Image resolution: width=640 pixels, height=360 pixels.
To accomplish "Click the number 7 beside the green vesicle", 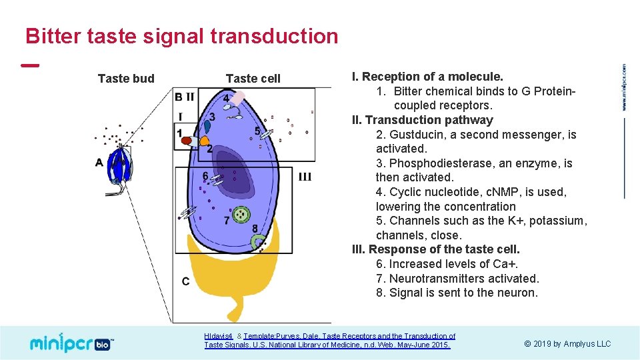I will (x=227, y=220).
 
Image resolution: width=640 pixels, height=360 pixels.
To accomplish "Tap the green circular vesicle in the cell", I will (x=241, y=215).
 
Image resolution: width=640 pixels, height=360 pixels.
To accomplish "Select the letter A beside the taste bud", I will (x=99, y=162).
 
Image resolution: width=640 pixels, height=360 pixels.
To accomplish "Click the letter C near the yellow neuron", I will (x=185, y=281).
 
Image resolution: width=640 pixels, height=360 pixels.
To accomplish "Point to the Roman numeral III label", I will (x=305, y=177).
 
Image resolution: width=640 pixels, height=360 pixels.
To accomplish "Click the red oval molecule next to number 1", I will (x=189, y=141).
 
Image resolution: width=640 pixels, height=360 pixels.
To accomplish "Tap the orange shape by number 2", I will (x=204, y=141).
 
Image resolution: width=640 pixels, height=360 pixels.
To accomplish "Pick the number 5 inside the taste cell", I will (x=257, y=131).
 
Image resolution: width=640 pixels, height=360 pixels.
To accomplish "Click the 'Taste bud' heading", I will (x=126, y=79).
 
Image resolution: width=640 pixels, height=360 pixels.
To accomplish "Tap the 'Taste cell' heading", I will (x=253, y=79).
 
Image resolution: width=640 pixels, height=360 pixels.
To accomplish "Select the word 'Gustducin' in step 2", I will (x=416, y=135).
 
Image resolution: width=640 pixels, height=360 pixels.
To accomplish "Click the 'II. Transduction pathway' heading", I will (x=423, y=120).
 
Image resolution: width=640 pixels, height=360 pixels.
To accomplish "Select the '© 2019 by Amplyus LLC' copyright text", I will (x=567, y=344).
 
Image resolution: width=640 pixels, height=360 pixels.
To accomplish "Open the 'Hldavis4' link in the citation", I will (x=219, y=337).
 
